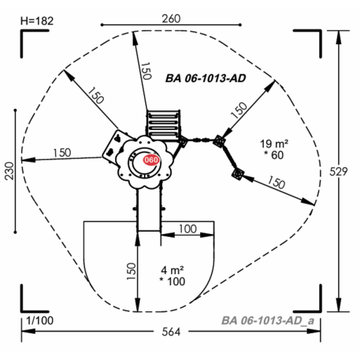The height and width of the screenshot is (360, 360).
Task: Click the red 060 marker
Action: (x=151, y=160)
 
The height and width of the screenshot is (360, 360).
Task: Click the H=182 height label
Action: (x=37, y=21)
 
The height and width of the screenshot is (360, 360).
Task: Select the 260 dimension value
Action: (x=171, y=19)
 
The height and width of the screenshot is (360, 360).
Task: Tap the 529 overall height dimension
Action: (x=339, y=172)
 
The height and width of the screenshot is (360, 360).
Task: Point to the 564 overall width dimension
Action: (x=171, y=332)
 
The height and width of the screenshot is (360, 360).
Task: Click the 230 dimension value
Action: (x=9, y=171)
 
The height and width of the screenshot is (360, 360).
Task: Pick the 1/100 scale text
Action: (x=40, y=321)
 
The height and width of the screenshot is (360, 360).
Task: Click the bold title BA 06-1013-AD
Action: (x=206, y=78)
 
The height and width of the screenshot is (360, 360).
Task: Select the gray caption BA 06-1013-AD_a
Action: (x=268, y=321)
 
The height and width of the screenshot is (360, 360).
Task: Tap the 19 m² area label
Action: (x=274, y=143)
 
